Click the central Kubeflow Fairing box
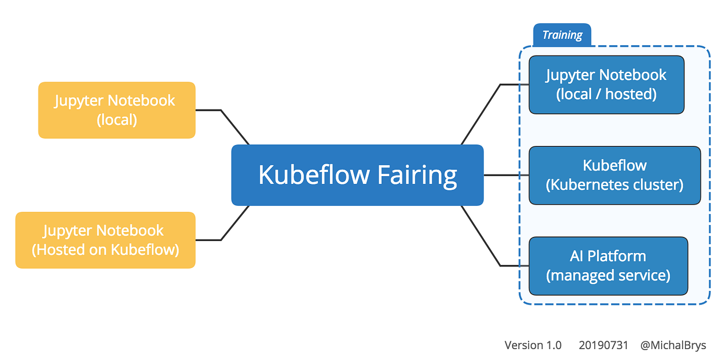(357, 175)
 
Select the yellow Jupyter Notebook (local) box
(117, 110)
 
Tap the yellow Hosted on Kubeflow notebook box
(105, 240)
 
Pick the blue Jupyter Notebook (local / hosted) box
(606, 85)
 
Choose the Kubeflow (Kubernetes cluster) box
(614, 175)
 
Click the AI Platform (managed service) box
(608, 265)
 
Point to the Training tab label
(562, 35)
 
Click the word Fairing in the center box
(417, 175)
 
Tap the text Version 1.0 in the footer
(533, 345)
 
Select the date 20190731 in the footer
(603, 345)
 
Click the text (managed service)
(608, 275)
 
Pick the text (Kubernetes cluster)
(614, 184)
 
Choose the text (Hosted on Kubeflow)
(105, 249)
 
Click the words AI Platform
(608, 256)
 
